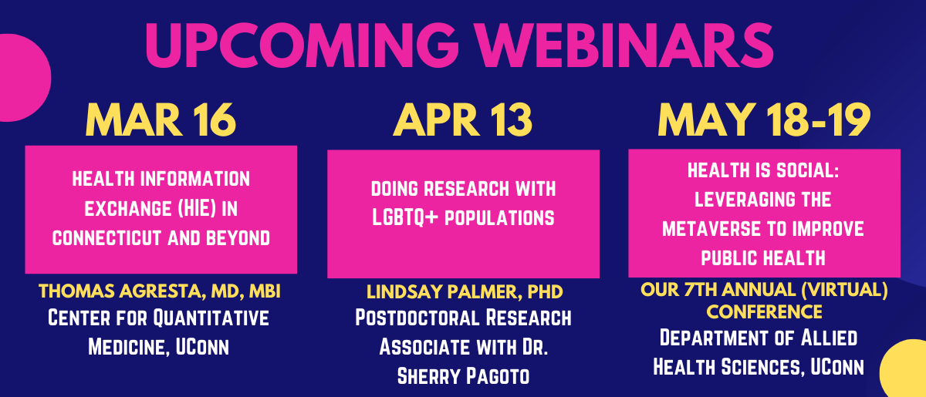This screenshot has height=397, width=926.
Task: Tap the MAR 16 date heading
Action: pyautogui.click(x=161, y=119)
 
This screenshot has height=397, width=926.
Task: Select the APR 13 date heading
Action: pyautogui.click(x=462, y=119)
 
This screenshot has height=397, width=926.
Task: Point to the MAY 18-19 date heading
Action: pyautogui.click(x=764, y=119)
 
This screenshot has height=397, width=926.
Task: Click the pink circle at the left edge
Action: pyautogui.click(x=22, y=78)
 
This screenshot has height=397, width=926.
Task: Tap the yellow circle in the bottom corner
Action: pyautogui.click(x=904, y=368)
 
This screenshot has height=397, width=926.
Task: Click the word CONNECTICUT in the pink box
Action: pyautogui.click(x=106, y=238)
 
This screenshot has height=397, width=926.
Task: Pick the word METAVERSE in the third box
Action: pyautogui.click(x=711, y=229)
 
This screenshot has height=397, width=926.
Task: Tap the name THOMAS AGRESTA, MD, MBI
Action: pyautogui.click(x=160, y=291)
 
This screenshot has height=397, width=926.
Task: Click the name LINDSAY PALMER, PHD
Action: pyautogui.click(x=465, y=292)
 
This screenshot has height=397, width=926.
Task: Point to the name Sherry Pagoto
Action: pyautogui.click(x=464, y=376)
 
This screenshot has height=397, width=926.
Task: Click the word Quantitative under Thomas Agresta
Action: pyautogui.click(x=211, y=318)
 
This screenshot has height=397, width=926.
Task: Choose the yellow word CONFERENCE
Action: pyautogui.click(x=764, y=312)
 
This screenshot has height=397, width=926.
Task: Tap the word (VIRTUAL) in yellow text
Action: pyautogui.click(x=844, y=290)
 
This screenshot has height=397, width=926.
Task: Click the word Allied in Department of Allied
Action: pyautogui.click(x=829, y=338)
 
